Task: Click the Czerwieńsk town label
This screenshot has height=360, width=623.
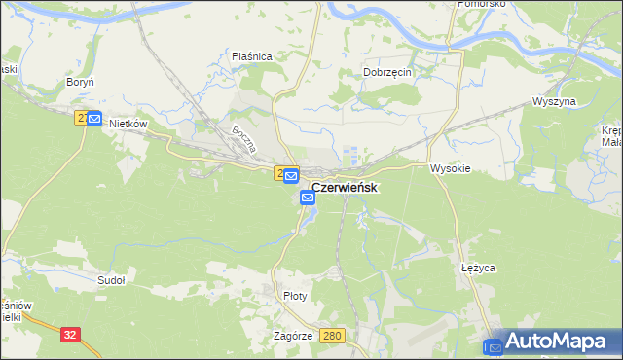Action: click(x=345, y=187)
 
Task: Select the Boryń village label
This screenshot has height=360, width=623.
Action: click(x=79, y=84)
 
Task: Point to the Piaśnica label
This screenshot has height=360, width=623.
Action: click(x=252, y=56)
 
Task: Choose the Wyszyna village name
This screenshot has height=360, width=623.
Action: click(x=555, y=101)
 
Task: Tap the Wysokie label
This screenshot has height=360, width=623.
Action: click(x=451, y=168)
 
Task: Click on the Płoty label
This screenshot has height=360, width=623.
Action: click(x=293, y=296)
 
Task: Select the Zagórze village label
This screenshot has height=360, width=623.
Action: click(x=293, y=335)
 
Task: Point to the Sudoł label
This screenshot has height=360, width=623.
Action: click(x=112, y=280)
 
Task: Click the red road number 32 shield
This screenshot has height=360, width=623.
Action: click(x=69, y=334)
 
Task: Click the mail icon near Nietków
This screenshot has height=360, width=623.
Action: click(x=93, y=119)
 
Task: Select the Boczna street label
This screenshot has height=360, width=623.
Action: click(x=243, y=142)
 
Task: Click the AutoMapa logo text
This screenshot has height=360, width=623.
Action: click(x=558, y=342)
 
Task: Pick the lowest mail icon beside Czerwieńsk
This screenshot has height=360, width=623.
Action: click(x=308, y=198)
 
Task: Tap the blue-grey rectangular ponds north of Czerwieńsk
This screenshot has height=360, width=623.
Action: click(x=352, y=154)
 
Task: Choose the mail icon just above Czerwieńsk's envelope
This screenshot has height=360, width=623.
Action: click(x=291, y=175)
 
